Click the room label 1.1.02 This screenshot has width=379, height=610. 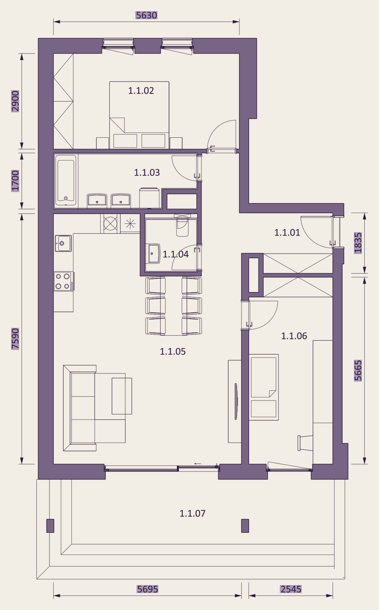pos(141,91)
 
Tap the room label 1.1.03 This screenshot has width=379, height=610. pos(147,172)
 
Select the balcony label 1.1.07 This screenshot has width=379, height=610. pos(192,513)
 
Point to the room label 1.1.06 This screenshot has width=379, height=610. pos(294,336)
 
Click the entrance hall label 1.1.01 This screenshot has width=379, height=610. pos(287,232)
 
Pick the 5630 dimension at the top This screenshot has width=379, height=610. pos(146,15)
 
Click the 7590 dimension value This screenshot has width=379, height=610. pos(15,339)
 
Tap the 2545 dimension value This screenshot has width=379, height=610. pos(291,589)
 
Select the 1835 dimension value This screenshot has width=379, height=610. pos(358,243)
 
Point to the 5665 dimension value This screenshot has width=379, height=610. pos(358,371)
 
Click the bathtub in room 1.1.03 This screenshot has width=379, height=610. pos(66,181)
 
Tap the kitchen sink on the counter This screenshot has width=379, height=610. pos(63,243)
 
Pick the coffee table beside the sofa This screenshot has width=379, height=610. pos(122,396)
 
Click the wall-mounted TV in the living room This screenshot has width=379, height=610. pos(236,401)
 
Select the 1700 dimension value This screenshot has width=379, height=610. pos(15,181)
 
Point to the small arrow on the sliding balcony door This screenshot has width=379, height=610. pos(198,464)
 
